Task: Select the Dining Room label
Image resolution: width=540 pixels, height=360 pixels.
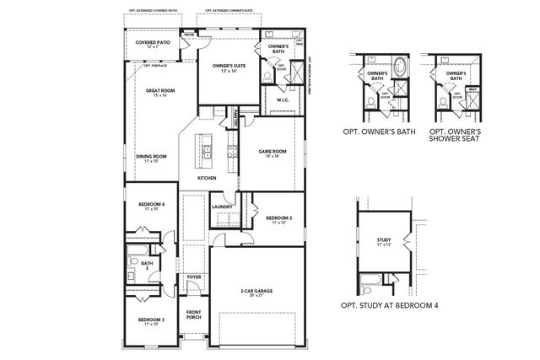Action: tap(151, 158)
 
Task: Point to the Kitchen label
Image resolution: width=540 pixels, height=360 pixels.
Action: tap(207, 179)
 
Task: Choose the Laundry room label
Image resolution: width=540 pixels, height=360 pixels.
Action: tap(223, 207)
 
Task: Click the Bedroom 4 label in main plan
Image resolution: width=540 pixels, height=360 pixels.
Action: tap(151, 205)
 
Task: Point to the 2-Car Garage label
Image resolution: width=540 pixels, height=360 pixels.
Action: tap(256, 292)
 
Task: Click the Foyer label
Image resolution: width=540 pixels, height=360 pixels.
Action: tap(194, 277)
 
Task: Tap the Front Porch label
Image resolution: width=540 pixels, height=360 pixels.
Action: tap(194, 314)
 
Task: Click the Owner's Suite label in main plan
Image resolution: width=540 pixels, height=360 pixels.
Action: tap(228, 66)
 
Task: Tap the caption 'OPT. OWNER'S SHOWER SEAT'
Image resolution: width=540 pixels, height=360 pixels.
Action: tap(456, 137)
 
